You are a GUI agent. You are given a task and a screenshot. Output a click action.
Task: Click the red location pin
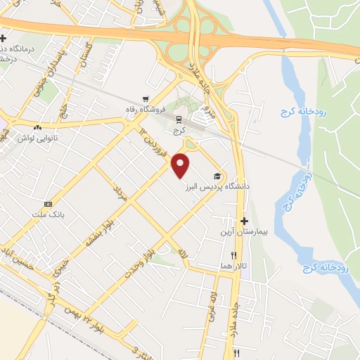[x=181, y=166]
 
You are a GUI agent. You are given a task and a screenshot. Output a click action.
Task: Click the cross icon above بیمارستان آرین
[x=244, y=220]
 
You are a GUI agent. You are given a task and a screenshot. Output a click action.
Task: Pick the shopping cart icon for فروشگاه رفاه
[x=146, y=98]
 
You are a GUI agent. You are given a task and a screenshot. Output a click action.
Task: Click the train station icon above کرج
[x=179, y=119]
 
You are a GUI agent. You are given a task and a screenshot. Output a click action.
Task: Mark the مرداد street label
[x=119, y=193]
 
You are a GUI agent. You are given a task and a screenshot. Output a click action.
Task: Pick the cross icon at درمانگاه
[x=4, y=37]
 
